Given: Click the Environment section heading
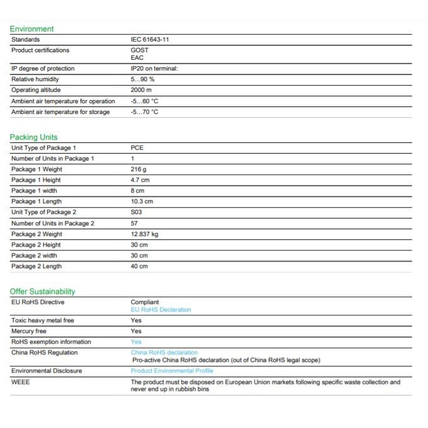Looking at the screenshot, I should pos(31,29).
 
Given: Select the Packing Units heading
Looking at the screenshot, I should pos(33,137).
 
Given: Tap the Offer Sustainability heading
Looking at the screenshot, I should pos(42,291).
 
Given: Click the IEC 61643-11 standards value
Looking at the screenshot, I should pos(150,40).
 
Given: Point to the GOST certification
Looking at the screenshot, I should pos(140,50).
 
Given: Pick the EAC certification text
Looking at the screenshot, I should pos(137,58).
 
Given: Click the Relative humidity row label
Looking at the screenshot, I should pos(35,79).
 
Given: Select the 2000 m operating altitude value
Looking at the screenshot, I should pos(142,90).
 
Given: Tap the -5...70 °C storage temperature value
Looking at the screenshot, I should pos(144,112).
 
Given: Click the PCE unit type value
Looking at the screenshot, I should pos(137,148).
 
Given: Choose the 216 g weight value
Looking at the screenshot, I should pos(138,169).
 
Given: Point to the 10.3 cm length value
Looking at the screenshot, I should pos(142,201).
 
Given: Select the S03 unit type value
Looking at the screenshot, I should pos(137,212).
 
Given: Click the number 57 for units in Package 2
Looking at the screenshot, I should pos(134,223).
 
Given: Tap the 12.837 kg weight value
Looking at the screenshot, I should pos(145,234).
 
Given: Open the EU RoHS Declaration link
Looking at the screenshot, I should pos(160,310).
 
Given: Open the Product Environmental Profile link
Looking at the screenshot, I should pos(172,371).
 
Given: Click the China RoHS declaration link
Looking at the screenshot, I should pos(164,352).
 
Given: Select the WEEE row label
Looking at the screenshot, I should pos(20,382).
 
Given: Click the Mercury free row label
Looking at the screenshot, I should pos(29,331).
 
